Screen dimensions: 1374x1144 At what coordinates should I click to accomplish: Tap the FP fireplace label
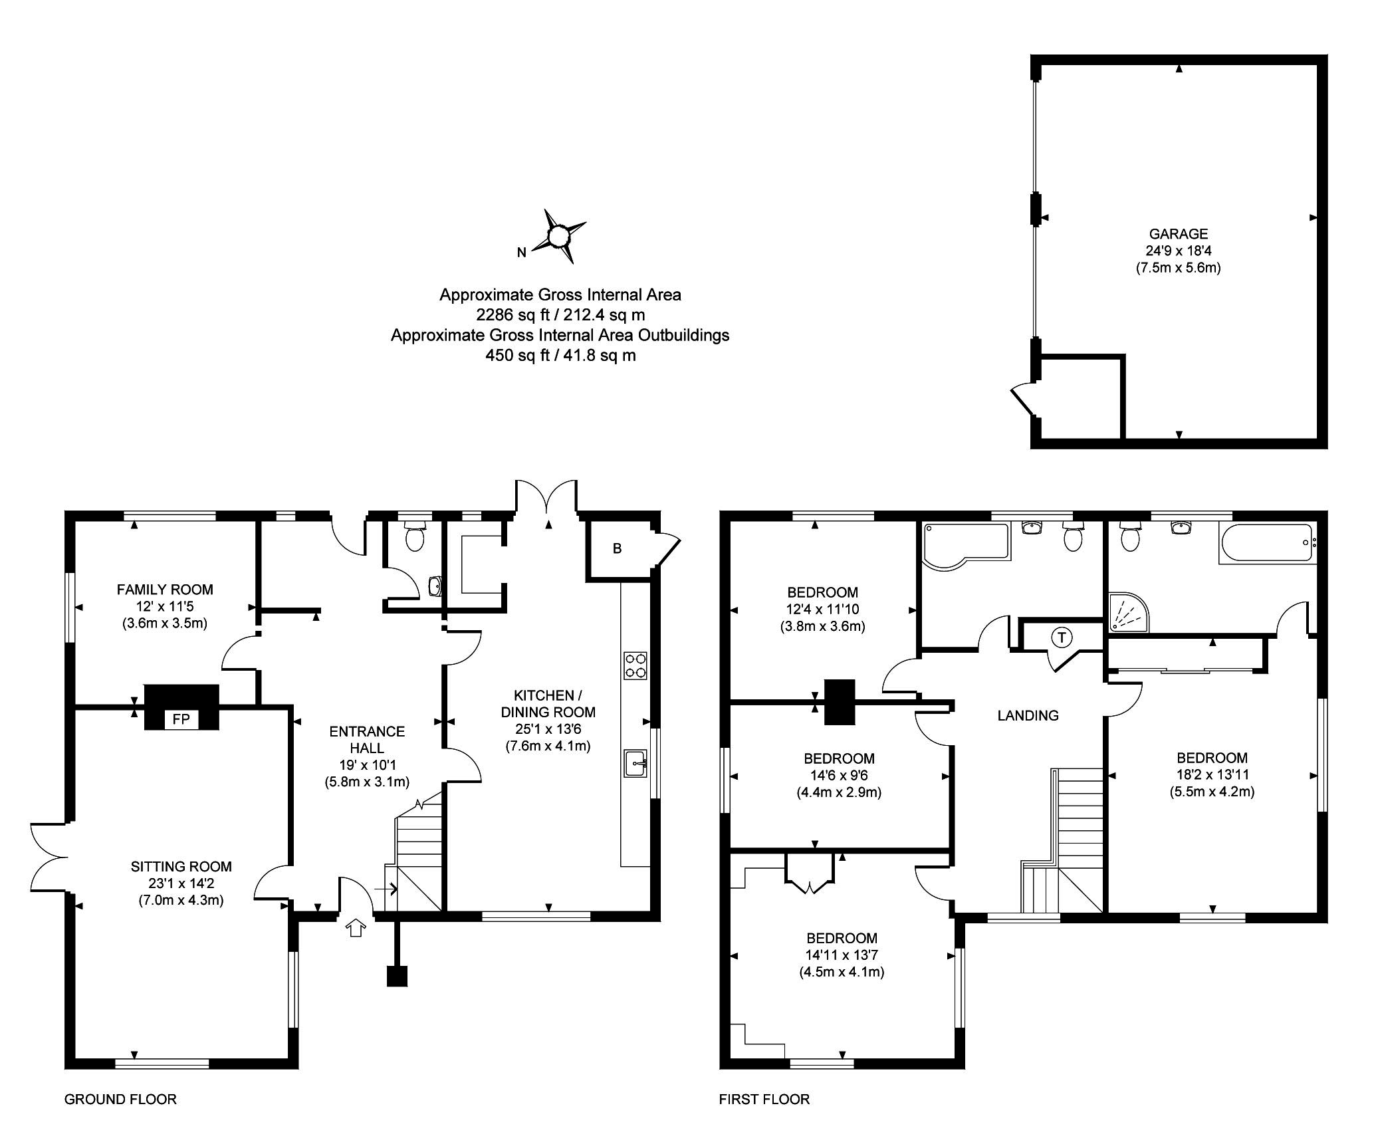[181, 719]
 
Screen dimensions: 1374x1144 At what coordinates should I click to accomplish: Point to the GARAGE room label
[1179, 234]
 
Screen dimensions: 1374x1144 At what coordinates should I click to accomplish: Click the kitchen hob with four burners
[635, 665]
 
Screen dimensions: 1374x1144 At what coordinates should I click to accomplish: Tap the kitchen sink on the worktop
[636, 762]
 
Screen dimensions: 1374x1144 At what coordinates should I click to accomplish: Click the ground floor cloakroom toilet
[415, 535]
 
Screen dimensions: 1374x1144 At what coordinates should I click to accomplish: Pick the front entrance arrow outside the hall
[356, 928]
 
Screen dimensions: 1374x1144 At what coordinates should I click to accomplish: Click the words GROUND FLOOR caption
[120, 1099]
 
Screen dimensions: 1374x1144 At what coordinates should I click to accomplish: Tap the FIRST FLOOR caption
[764, 1099]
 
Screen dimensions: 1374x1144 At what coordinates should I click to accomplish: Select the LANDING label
[1028, 716]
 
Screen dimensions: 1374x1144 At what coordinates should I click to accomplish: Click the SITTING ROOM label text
[181, 867]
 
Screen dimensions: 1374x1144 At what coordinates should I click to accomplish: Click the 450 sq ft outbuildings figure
[517, 356]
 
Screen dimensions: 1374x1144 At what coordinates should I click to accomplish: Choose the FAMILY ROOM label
[165, 590]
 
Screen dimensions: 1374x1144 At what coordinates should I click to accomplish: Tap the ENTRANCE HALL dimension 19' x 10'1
[367, 765]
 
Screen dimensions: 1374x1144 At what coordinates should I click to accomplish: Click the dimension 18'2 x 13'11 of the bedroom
[1212, 775]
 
